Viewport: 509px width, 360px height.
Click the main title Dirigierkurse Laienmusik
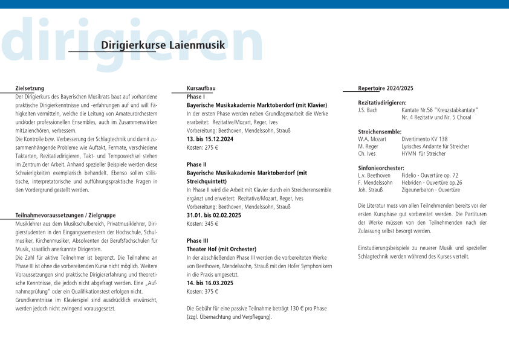163,45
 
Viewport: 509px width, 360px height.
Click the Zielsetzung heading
30,88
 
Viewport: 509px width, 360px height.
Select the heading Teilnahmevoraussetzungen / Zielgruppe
65,215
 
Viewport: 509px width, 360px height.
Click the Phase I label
196,97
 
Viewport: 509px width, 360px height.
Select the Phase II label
197,164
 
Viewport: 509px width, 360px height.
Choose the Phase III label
198,240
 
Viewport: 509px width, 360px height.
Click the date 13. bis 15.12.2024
210,139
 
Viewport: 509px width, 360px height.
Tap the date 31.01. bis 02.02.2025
214,215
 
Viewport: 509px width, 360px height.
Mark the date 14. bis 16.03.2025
210,283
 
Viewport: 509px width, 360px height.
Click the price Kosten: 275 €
203,147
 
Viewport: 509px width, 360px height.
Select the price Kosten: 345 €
203,223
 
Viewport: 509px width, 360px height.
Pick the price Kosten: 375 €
203,291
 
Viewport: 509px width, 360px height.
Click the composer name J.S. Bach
368,110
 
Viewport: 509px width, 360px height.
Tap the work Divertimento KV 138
424,139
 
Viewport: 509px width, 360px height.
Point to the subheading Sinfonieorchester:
381,168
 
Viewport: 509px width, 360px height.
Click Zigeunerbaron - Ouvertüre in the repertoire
430,190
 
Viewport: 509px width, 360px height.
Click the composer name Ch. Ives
366,153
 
